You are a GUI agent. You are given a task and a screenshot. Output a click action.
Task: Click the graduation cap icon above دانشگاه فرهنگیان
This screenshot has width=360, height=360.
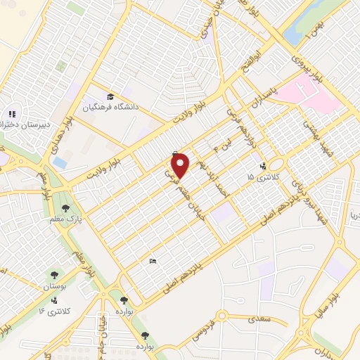tap(109, 96)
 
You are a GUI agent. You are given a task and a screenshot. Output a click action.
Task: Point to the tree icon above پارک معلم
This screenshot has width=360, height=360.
tap(65, 207)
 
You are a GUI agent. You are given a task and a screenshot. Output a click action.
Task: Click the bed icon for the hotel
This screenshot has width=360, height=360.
tap(153, 262)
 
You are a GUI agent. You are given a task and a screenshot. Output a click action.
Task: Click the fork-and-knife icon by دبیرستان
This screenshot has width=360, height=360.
tap(11, 113)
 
